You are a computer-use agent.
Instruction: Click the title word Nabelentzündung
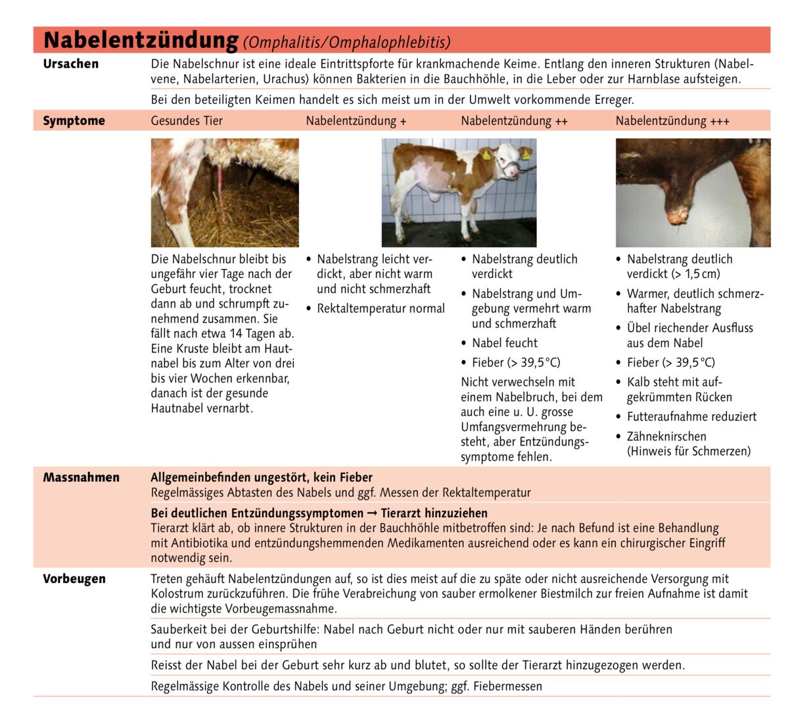(x=140, y=40)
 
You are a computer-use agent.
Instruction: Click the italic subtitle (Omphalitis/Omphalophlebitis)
(x=346, y=43)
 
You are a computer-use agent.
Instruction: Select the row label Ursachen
(x=71, y=64)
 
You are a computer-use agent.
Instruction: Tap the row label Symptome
(x=74, y=121)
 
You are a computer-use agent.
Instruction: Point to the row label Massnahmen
(x=81, y=477)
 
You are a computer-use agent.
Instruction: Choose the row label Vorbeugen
(x=74, y=579)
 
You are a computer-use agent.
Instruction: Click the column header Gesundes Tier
(x=187, y=121)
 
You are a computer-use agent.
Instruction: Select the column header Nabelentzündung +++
(x=672, y=121)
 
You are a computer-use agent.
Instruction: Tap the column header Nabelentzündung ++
(x=514, y=121)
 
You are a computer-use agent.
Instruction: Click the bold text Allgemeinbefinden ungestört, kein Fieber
(x=262, y=478)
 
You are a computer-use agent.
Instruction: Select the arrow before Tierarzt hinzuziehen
(x=372, y=513)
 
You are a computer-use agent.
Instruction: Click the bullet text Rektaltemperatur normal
(x=381, y=309)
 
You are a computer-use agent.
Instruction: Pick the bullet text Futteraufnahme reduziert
(x=691, y=417)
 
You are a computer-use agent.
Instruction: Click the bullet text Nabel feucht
(x=504, y=343)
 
